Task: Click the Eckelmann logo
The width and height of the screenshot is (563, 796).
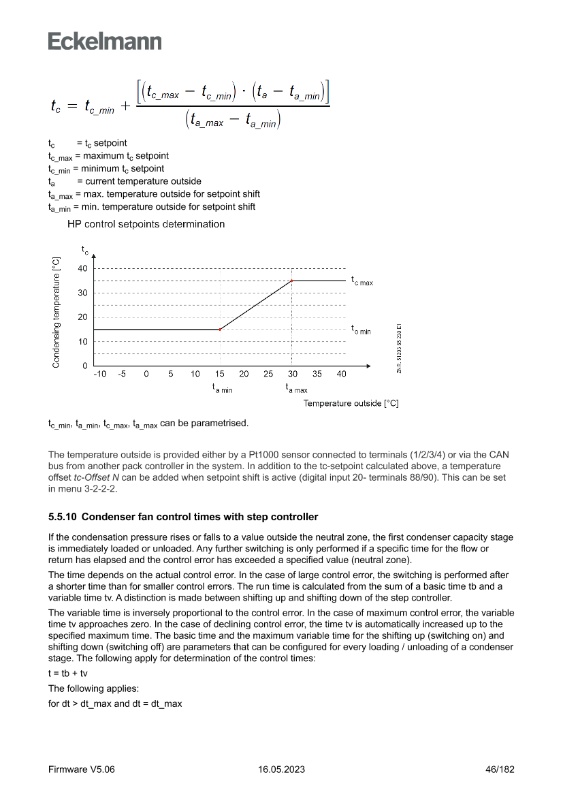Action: (x=105, y=42)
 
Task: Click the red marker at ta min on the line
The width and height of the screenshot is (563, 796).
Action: (x=220, y=330)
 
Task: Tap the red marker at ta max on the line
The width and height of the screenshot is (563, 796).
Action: (x=292, y=281)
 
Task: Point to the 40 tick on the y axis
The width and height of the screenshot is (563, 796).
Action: (x=82, y=268)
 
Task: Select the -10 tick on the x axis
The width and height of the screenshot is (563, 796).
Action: (x=99, y=374)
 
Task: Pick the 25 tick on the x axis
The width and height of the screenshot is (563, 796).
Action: (x=268, y=374)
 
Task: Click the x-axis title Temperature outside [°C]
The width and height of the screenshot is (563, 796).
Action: (x=351, y=403)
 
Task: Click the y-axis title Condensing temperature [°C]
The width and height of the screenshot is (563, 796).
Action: (x=57, y=313)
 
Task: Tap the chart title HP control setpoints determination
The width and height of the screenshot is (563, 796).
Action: (x=146, y=224)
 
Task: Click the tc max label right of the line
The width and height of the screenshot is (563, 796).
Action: (x=362, y=280)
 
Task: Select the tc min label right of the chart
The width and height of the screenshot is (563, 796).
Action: (x=361, y=330)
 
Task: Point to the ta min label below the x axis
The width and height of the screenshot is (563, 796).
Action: (x=222, y=388)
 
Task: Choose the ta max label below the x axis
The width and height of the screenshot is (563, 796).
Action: (x=296, y=388)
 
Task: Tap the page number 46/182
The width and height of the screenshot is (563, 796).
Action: (x=499, y=769)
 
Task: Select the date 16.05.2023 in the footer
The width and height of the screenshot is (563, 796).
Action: (x=281, y=769)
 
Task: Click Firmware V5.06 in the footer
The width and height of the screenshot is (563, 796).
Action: (x=82, y=769)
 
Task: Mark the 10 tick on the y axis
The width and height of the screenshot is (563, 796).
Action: (x=82, y=342)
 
